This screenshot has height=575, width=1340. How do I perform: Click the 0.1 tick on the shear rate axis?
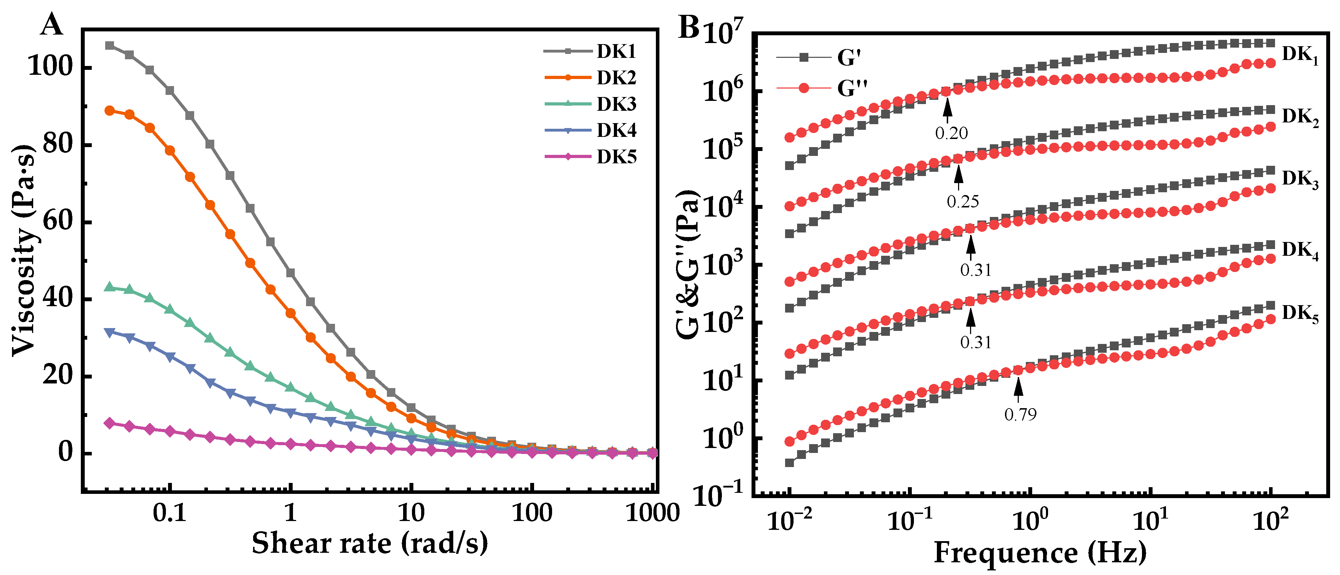click(x=169, y=513)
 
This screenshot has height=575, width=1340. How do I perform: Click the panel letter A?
click(x=52, y=24)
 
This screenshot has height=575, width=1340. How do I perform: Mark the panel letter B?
click(x=689, y=27)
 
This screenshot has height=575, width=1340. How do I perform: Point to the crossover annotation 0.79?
click(x=1020, y=414)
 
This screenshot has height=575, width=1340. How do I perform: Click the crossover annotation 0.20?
click(x=951, y=133)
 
